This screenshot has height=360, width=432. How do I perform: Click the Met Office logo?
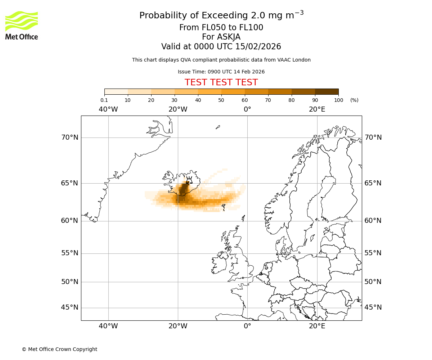(x=22, y=25)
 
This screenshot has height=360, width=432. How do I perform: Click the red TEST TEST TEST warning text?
(x=221, y=82)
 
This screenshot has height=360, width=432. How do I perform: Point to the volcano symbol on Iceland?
(x=188, y=180)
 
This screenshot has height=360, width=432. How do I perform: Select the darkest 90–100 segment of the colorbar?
(x=327, y=92)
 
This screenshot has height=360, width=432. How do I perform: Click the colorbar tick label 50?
(x=221, y=100)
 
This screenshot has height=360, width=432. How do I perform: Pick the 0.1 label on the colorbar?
(x=104, y=100)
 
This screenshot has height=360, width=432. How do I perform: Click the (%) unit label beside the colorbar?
(x=354, y=100)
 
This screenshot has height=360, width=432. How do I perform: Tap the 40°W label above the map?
(x=108, y=109)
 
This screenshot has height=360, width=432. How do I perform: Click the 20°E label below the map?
(x=317, y=326)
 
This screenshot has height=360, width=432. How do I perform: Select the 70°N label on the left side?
(x=69, y=138)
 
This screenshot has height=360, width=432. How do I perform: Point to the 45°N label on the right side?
(x=373, y=307)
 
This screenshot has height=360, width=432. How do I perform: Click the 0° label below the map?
(x=247, y=326)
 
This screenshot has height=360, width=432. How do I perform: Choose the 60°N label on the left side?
(x=69, y=221)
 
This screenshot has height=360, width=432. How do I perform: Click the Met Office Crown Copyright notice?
(x=59, y=349)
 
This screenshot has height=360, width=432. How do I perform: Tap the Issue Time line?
(x=221, y=72)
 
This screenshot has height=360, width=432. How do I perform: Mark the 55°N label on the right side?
(x=373, y=253)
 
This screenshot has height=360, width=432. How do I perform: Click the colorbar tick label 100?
(x=338, y=100)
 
